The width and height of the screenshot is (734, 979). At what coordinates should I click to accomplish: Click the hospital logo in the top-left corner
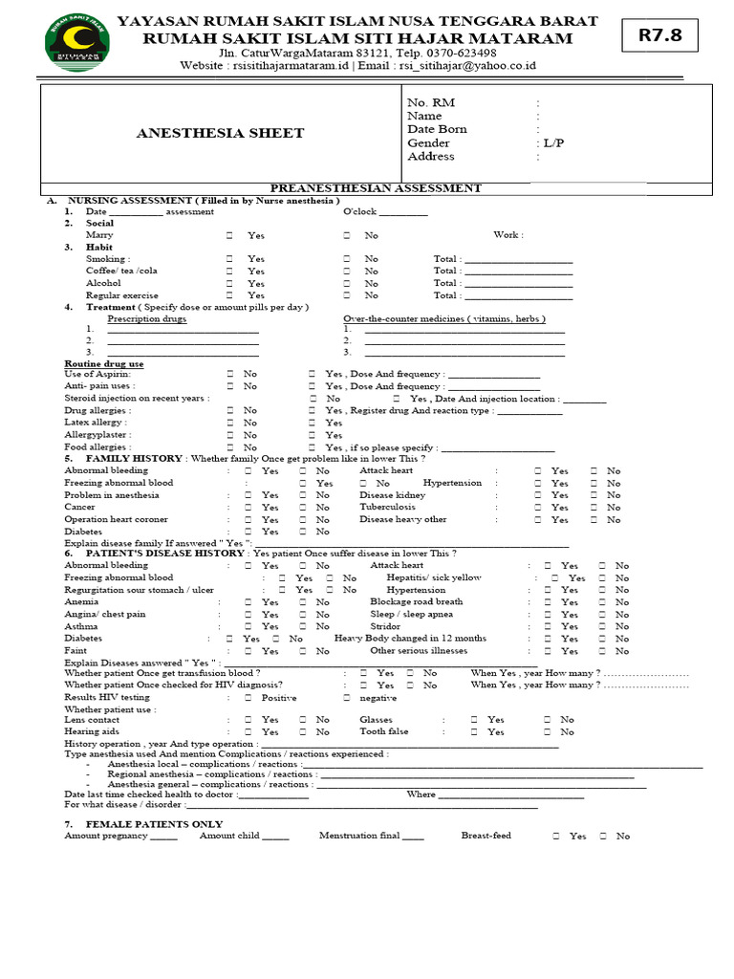tap(77, 43)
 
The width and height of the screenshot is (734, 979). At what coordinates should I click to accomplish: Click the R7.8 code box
tap(659, 37)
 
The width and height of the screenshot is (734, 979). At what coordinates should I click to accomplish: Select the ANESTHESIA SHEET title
tap(221, 133)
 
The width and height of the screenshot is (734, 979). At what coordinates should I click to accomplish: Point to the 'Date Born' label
tap(437, 129)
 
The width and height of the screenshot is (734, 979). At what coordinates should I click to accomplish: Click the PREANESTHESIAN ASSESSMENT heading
tap(376, 188)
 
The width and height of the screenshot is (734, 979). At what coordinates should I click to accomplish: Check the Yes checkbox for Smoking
tap(230, 259)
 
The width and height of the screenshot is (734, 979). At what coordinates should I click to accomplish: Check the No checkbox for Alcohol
tap(347, 284)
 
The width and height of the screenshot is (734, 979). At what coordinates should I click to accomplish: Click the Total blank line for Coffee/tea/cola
tap(518, 272)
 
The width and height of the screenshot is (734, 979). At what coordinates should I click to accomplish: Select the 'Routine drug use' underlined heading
tap(104, 364)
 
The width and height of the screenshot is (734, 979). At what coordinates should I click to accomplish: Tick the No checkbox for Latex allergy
tap(230, 423)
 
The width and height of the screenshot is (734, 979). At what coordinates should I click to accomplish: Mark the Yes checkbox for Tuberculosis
tap(539, 508)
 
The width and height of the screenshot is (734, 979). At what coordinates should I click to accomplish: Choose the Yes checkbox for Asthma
tap(248, 626)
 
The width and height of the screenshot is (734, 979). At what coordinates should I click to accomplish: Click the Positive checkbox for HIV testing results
tap(248, 698)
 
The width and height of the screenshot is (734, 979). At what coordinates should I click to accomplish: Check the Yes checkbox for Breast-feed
tap(556, 836)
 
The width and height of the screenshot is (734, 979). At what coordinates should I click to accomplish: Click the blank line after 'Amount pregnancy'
tap(163, 838)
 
